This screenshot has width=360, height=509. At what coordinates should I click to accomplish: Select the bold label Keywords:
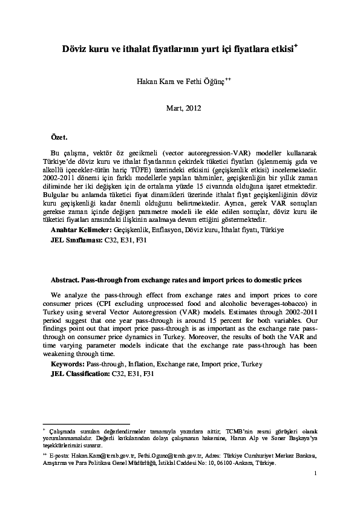tap(67, 365)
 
